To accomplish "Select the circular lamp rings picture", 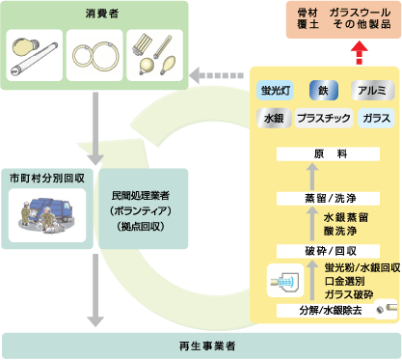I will [94, 57].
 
